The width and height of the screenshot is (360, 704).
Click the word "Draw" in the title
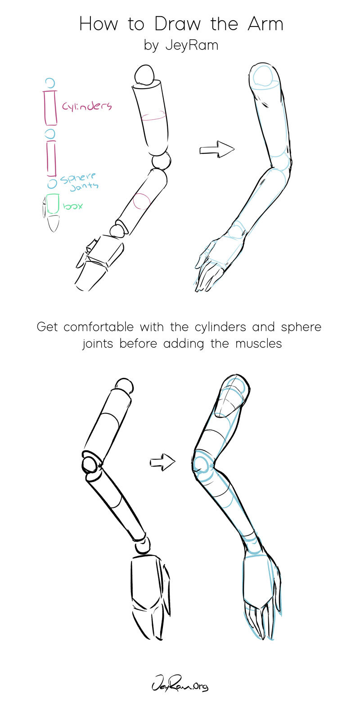[177, 24]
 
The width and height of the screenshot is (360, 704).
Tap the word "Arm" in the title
[265, 24]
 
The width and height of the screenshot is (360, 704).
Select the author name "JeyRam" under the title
[192, 46]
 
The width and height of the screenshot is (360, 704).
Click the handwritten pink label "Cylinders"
[87, 106]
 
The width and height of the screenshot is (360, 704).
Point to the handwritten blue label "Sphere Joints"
[79, 182]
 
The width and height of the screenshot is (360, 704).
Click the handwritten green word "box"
[72, 206]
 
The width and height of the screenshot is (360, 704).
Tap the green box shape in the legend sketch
[53, 204]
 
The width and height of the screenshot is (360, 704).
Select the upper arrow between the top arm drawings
[217, 149]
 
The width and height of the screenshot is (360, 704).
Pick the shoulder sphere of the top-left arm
[144, 74]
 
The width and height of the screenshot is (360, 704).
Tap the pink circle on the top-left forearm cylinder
[141, 202]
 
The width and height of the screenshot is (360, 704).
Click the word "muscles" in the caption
[258, 344]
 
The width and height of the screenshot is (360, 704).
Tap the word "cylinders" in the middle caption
[220, 327]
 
